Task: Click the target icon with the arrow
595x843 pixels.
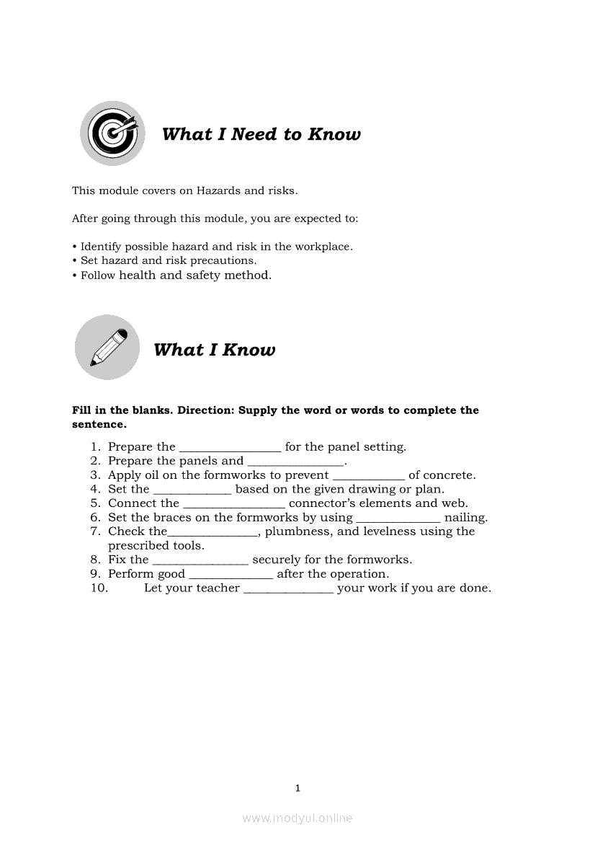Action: [112, 133]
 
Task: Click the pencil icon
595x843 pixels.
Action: [107, 347]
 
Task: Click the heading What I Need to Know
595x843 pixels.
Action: [261, 134]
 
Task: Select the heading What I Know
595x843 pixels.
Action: [214, 350]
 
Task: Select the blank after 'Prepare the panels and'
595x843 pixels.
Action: [296, 462]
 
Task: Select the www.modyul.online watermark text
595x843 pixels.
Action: [297, 818]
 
